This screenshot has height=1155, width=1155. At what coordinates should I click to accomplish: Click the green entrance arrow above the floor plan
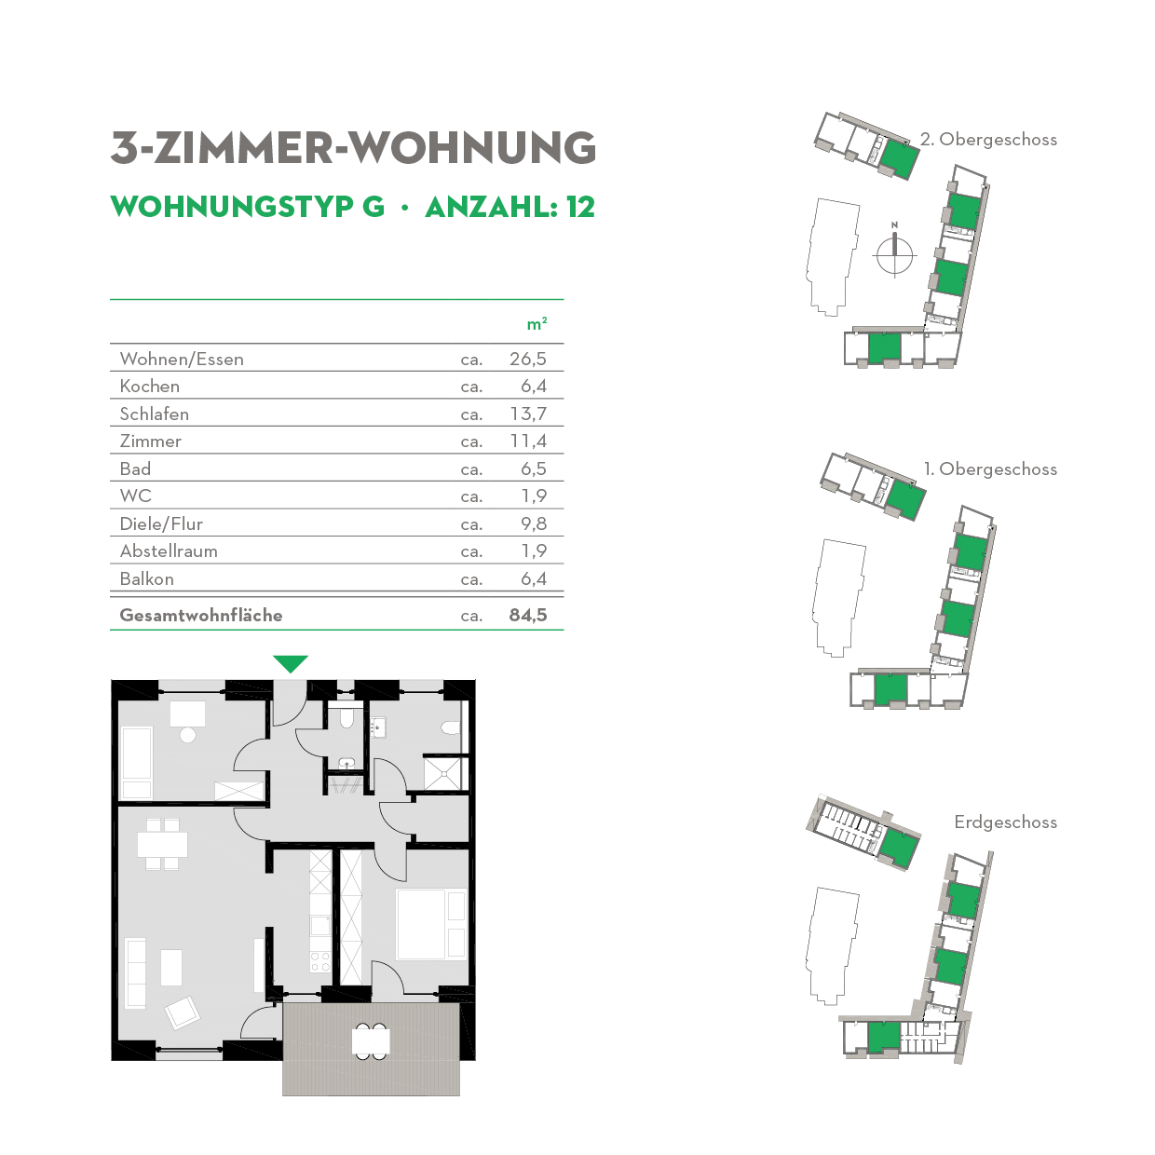coord(291,663)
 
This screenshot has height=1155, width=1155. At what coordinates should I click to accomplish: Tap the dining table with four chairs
coord(162,845)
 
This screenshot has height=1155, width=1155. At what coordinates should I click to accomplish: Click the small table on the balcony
coord(371,1040)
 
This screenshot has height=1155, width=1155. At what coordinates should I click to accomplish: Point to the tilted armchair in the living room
coord(182,1012)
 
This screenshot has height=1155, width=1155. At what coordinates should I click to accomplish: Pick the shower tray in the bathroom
coord(443,773)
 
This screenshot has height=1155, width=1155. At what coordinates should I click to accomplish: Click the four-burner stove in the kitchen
coord(319,960)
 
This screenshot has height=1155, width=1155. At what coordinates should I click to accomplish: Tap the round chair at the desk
coord(188,735)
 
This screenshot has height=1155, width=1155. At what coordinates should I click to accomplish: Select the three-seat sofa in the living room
coord(136,972)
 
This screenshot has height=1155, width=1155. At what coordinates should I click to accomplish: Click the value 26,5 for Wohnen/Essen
coord(528,359)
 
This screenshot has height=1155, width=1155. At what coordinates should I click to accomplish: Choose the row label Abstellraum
coord(169,550)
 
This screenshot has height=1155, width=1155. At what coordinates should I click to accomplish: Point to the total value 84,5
coord(528,615)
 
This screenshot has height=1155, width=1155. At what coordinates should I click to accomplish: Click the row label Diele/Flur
coord(161,523)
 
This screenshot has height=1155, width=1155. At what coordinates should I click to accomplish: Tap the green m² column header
coord(537,324)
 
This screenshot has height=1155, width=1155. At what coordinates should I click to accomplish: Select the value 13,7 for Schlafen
coord(528,414)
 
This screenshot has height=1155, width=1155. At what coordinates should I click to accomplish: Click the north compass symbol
coord(894,251)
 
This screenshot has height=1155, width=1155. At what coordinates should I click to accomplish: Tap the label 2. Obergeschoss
coord(988,140)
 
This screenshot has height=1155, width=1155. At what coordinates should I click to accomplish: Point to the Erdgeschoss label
coord(1005,822)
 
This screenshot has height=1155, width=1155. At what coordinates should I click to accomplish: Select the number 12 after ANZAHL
coord(580,207)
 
